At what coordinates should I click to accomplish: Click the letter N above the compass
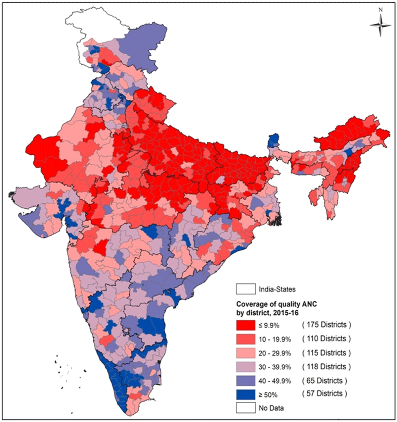coord(381,10)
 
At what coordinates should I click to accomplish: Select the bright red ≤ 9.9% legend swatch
coord(246,325)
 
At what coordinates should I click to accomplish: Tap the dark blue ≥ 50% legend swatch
coord(246,395)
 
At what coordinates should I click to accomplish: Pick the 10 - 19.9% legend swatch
coord(246,339)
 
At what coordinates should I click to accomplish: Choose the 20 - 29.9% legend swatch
coord(246,353)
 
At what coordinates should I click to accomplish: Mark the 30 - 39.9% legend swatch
coord(246,367)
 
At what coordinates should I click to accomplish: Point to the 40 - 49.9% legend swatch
coord(246,381)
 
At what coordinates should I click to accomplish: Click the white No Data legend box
coord(246,408)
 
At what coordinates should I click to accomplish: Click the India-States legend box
coord(246,289)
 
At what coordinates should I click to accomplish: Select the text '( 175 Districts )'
coord(326,325)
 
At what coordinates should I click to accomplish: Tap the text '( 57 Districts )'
coord(324,394)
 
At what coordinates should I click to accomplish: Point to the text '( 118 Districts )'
coord(326,367)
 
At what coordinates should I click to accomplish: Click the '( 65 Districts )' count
coord(324,381)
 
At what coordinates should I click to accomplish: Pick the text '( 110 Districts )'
coord(326,339)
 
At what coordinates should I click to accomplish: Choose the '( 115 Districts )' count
coord(326,353)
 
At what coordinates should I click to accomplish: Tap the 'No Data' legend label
coord(271,408)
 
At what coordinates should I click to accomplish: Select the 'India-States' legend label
coord(277,289)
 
